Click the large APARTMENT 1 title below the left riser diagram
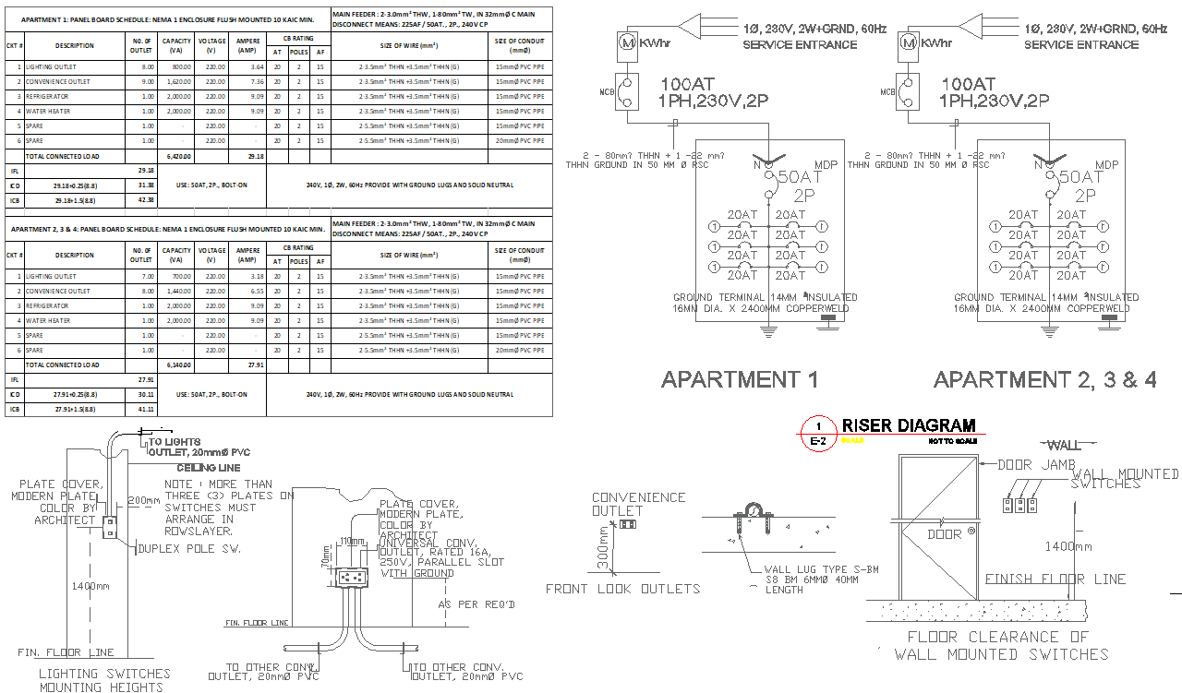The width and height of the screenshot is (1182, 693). (740, 379)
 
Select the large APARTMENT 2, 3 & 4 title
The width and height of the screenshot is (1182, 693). (1044, 379)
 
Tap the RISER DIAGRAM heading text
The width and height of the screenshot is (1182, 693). (908, 425)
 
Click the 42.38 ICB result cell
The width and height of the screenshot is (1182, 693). (145, 199)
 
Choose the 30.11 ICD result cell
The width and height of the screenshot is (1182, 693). (145, 394)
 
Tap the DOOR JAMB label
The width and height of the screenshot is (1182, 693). (1032, 464)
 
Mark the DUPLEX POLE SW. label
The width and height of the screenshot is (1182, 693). (188, 548)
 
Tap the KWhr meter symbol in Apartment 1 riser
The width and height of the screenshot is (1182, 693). (626, 42)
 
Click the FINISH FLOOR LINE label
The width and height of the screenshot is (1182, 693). (1055, 579)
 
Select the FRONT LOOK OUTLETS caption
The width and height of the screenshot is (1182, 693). (622, 589)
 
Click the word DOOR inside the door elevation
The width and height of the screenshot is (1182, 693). (944, 534)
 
